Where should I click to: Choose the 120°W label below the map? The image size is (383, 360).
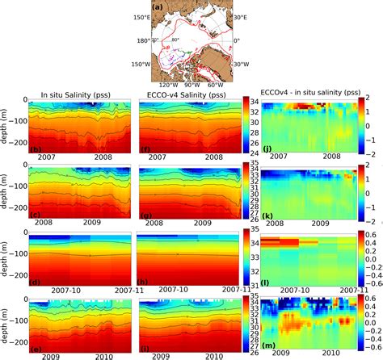pyautogui.click(x=166, y=84)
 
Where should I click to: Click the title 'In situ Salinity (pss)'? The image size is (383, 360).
pyautogui.click(x=78, y=93)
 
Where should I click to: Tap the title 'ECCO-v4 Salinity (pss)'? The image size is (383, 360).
pyautogui.click(x=184, y=93)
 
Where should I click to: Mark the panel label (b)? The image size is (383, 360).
pyautogui.click(x=35, y=149)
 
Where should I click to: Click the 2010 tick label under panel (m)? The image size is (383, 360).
pyautogui.click(x=331, y=354)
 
